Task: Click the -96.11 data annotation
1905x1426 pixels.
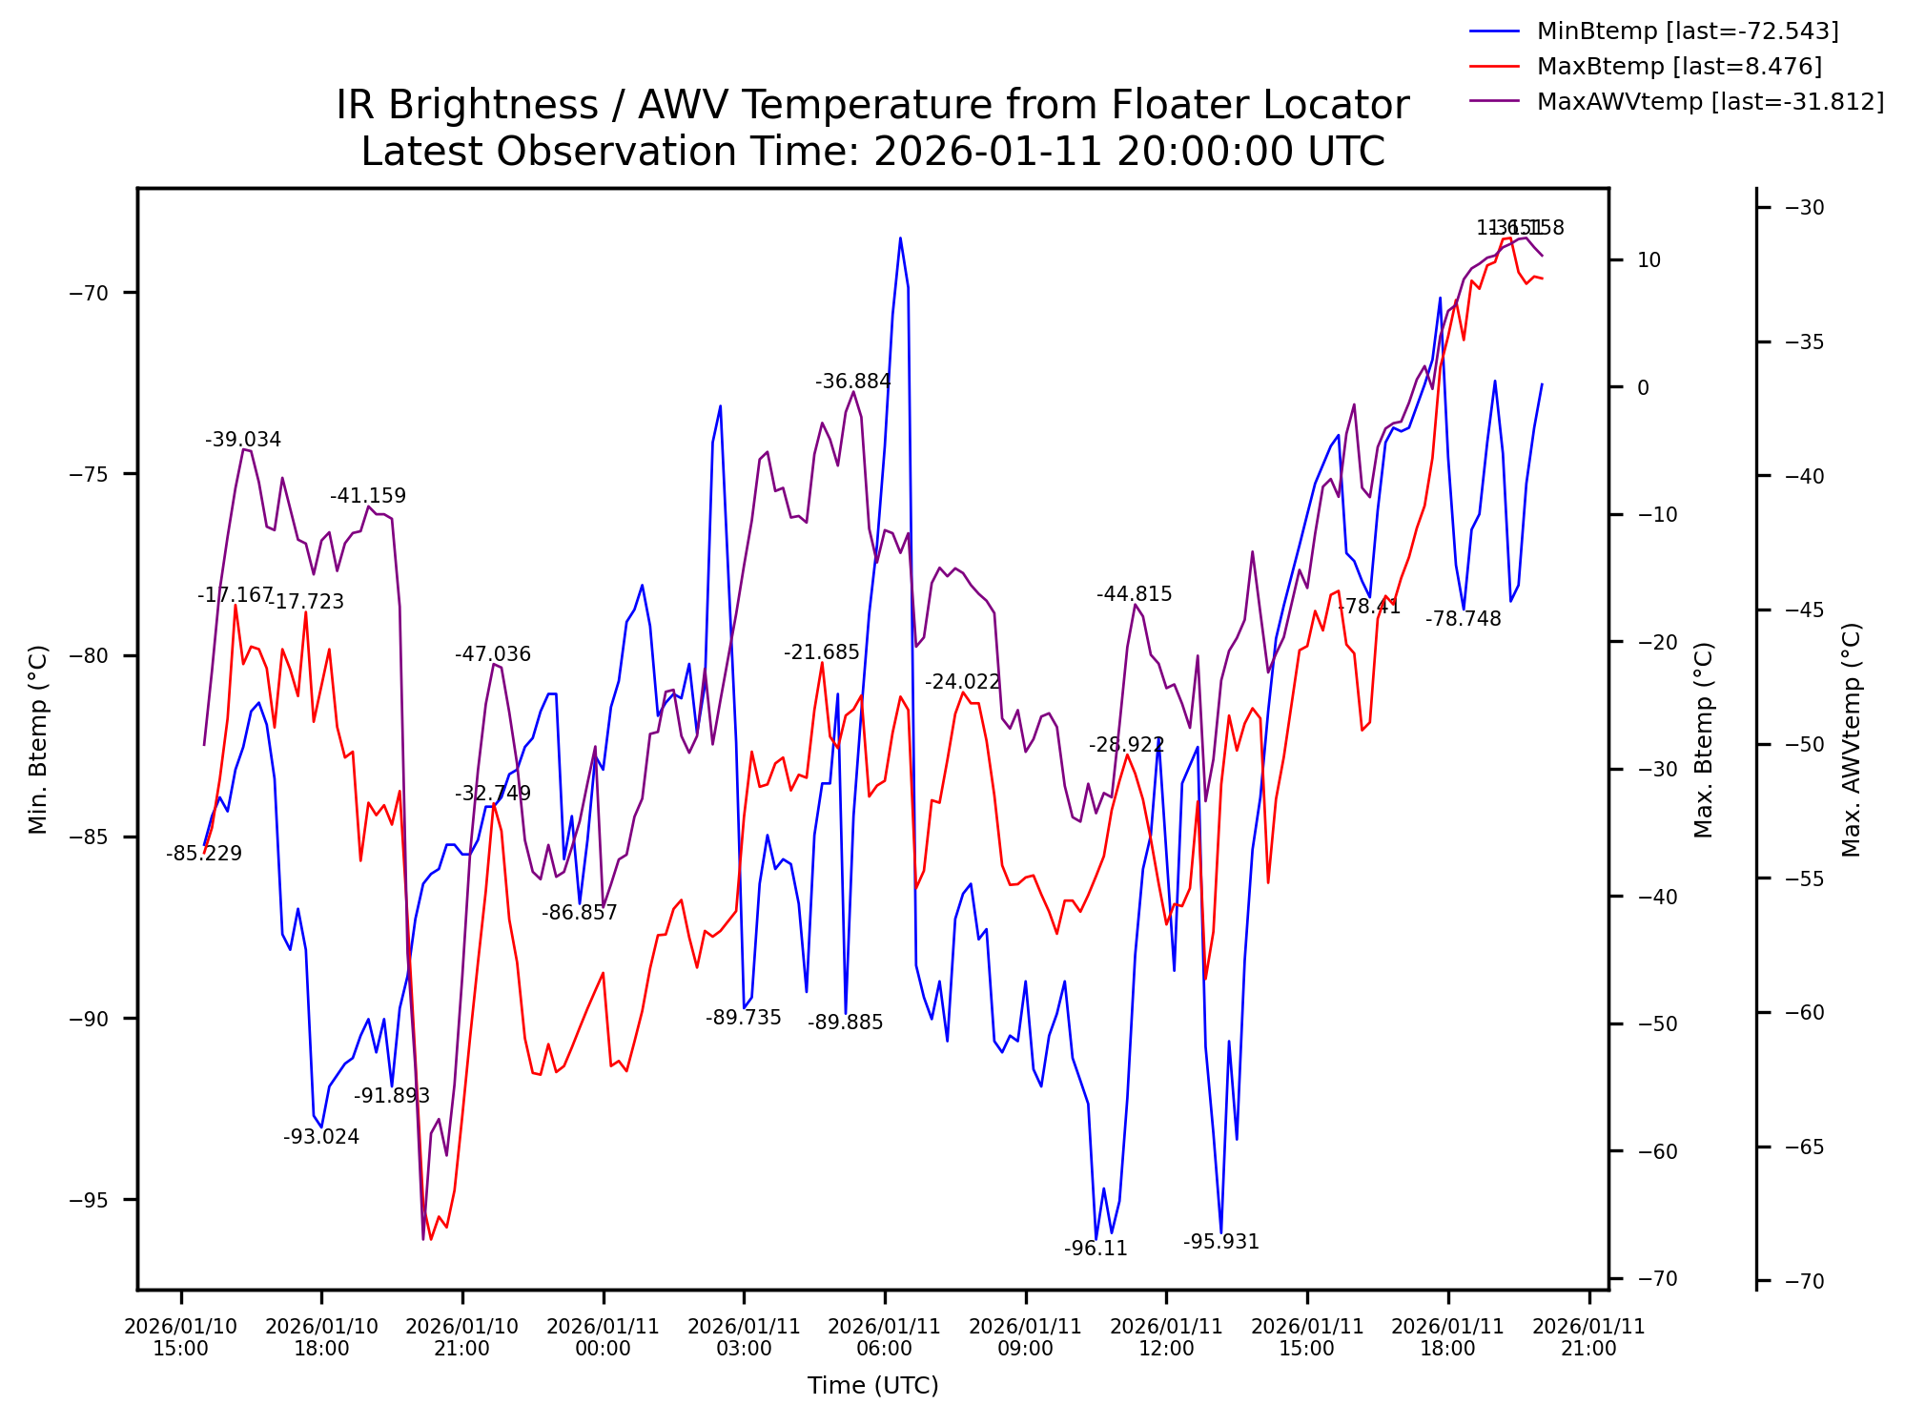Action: (1096, 1249)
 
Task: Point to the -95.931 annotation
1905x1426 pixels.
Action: (1220, 1242)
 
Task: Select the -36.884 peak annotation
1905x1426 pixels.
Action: (852, 382)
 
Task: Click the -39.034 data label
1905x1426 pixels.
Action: (243, 440)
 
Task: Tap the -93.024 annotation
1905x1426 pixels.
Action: (321, 1137)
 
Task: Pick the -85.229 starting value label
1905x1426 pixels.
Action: (204, 854)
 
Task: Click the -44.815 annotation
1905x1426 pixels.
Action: (1134, 594)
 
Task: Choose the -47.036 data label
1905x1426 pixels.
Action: (492, 654)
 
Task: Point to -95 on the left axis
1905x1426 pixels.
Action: (90, 1200)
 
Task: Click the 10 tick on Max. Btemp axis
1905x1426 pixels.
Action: (1649, 260)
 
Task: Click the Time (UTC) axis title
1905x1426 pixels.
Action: (872, 1386)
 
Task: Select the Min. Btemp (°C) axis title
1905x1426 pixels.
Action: (38, 739)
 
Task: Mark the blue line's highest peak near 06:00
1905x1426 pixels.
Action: (899, 238)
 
